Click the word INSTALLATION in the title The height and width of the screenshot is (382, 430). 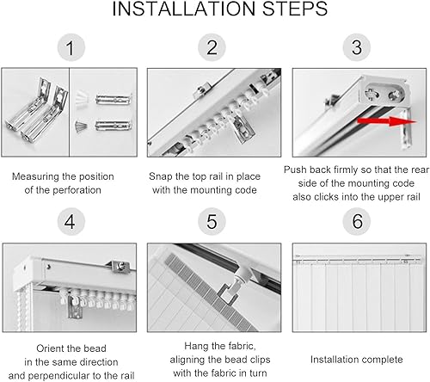[183, 9]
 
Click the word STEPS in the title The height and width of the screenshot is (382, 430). [295, 9]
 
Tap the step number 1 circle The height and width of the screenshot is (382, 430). [71, 47]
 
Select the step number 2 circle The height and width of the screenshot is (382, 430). [212, 47]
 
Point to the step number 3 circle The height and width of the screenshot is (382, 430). [357, 47]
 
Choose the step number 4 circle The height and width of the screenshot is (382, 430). [71, 221]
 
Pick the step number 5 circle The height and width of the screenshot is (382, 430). [212, 221]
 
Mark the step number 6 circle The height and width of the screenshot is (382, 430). [357, 221]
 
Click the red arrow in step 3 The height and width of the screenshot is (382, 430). [387, 121]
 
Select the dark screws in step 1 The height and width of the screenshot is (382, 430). [81, 126]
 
